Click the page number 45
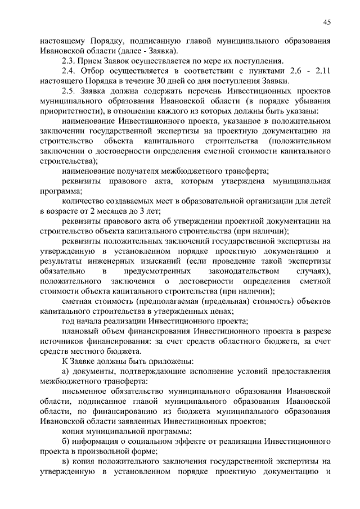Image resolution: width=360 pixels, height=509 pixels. click(x=327, y=21)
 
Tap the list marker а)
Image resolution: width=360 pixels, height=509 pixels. click(x=66, y=372)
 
